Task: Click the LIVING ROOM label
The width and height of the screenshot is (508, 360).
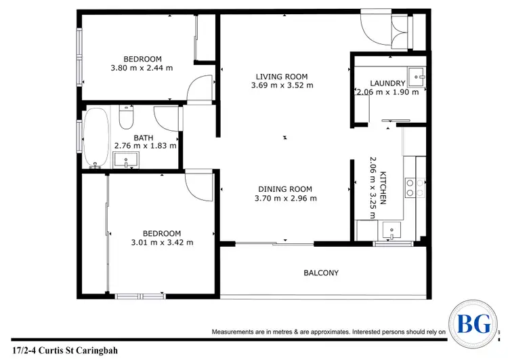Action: [x=282, y=76]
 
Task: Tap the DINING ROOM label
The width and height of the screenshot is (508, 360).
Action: [x=285, y=189]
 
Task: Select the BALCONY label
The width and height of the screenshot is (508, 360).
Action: [x=320, y=273]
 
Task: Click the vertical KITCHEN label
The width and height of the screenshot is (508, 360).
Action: [x=383, y=188]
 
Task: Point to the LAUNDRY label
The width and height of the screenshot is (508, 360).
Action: [x=388, y=83]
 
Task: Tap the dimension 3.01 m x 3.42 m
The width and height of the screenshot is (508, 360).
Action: [x=162, y=242]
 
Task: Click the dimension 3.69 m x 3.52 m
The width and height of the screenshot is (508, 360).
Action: [x=282, y=85]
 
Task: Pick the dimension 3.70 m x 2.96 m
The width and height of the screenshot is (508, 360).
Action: [x=285, y=199]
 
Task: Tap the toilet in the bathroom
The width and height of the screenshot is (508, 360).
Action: [x=125, y=119]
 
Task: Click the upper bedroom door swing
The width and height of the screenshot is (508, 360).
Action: [x=199, y=89]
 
